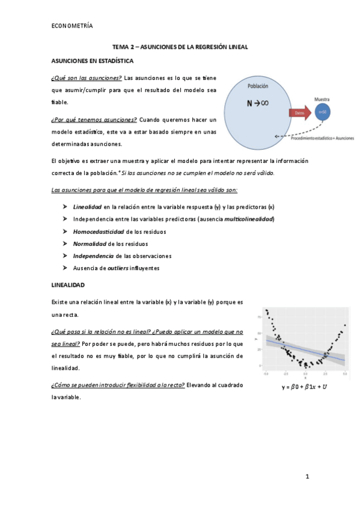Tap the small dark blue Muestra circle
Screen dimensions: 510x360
322,112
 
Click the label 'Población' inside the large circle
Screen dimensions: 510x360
258,87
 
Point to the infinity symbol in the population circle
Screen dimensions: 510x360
264,103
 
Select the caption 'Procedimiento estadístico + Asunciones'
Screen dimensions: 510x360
322,138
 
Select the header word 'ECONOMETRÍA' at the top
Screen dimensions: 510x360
72,26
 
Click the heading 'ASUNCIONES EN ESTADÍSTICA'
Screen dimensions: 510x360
93,61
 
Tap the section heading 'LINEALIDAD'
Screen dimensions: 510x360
68,284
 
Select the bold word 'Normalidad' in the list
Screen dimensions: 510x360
90,244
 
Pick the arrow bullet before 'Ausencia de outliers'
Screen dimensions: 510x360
64,268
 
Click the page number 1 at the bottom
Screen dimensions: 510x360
307,477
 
